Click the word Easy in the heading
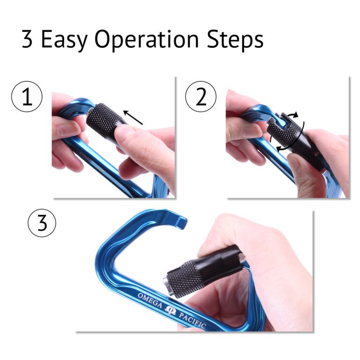64,40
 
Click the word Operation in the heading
146,39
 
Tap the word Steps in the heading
235,39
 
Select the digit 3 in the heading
27,39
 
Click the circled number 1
27,97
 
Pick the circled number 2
201,97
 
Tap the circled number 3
42,223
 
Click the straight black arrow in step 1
133,117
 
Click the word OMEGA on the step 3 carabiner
150,300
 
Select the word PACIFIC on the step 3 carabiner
192,321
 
